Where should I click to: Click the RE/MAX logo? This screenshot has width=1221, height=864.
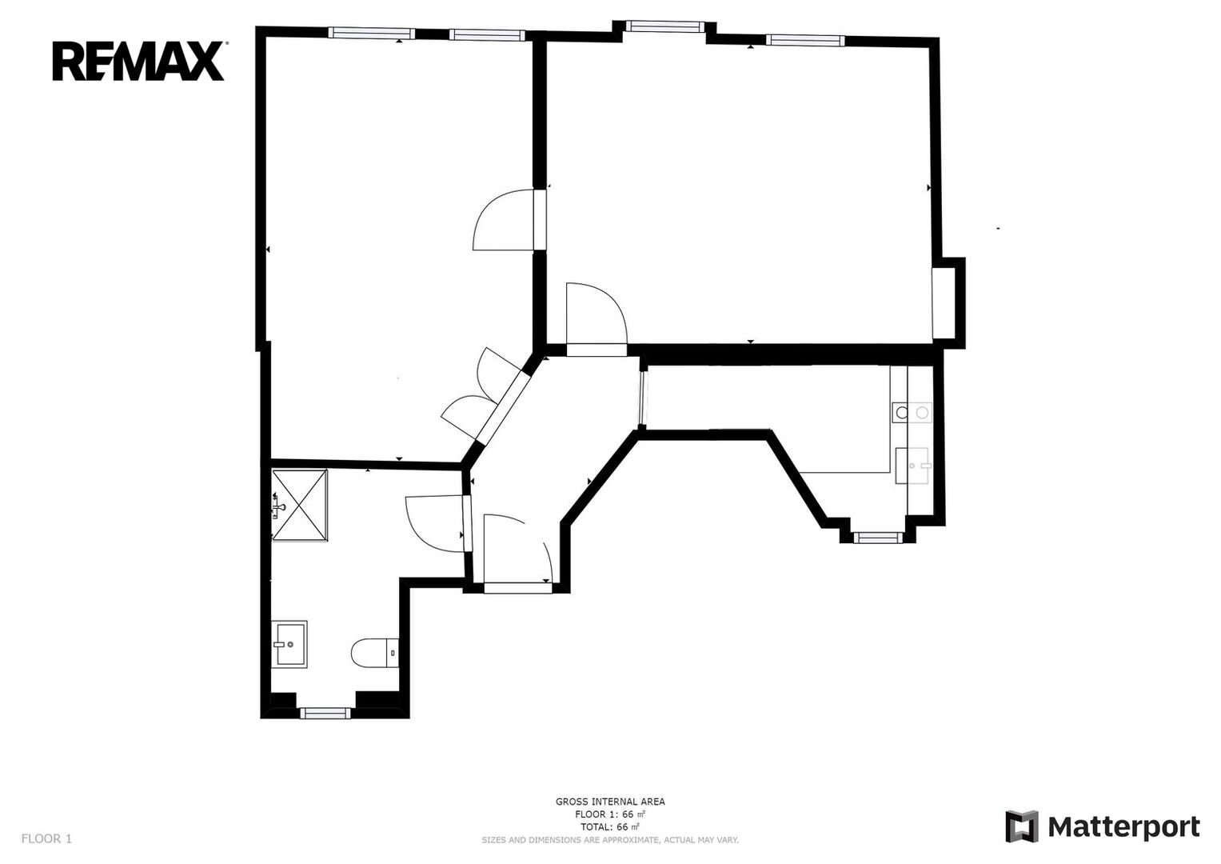pyautogui.click(x=138, y=61)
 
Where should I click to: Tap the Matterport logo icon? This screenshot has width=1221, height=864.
pyautogui.click(x=1022, y=826)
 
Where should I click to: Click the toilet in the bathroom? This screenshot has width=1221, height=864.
pyautogui.click(x=375, y=652)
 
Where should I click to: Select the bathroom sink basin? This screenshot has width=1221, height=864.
pyautogui.click(x=289, y=644)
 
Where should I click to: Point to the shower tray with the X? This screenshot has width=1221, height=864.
pyautogui.click(x=299, y=505)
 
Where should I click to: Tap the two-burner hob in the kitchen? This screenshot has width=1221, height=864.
pyautogui.click(x=912, y=412)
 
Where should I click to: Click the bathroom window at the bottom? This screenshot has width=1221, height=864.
pyautogui.click(x=325, y=713)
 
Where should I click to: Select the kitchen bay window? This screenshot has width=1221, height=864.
pyautogui.click(x=878, y=538)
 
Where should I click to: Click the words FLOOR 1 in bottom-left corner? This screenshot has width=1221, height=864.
pyautogui.click(x=46, y=839)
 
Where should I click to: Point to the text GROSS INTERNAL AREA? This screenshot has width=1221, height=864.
pyautogui.click(x=610, y=802)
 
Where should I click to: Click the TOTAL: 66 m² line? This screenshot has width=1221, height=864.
pyautogui.click(x=610, y=827)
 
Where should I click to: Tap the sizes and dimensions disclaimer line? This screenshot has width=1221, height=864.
pyautogui.click(x=610, y=840)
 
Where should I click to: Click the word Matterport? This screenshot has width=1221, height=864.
pyautogui.click(x=1124, y=827)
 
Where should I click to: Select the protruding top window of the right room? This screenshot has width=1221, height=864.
pyautogui.click(x=663, y=26)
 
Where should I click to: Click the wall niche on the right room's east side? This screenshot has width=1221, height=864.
pyautogui.click(x=948, y=302)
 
